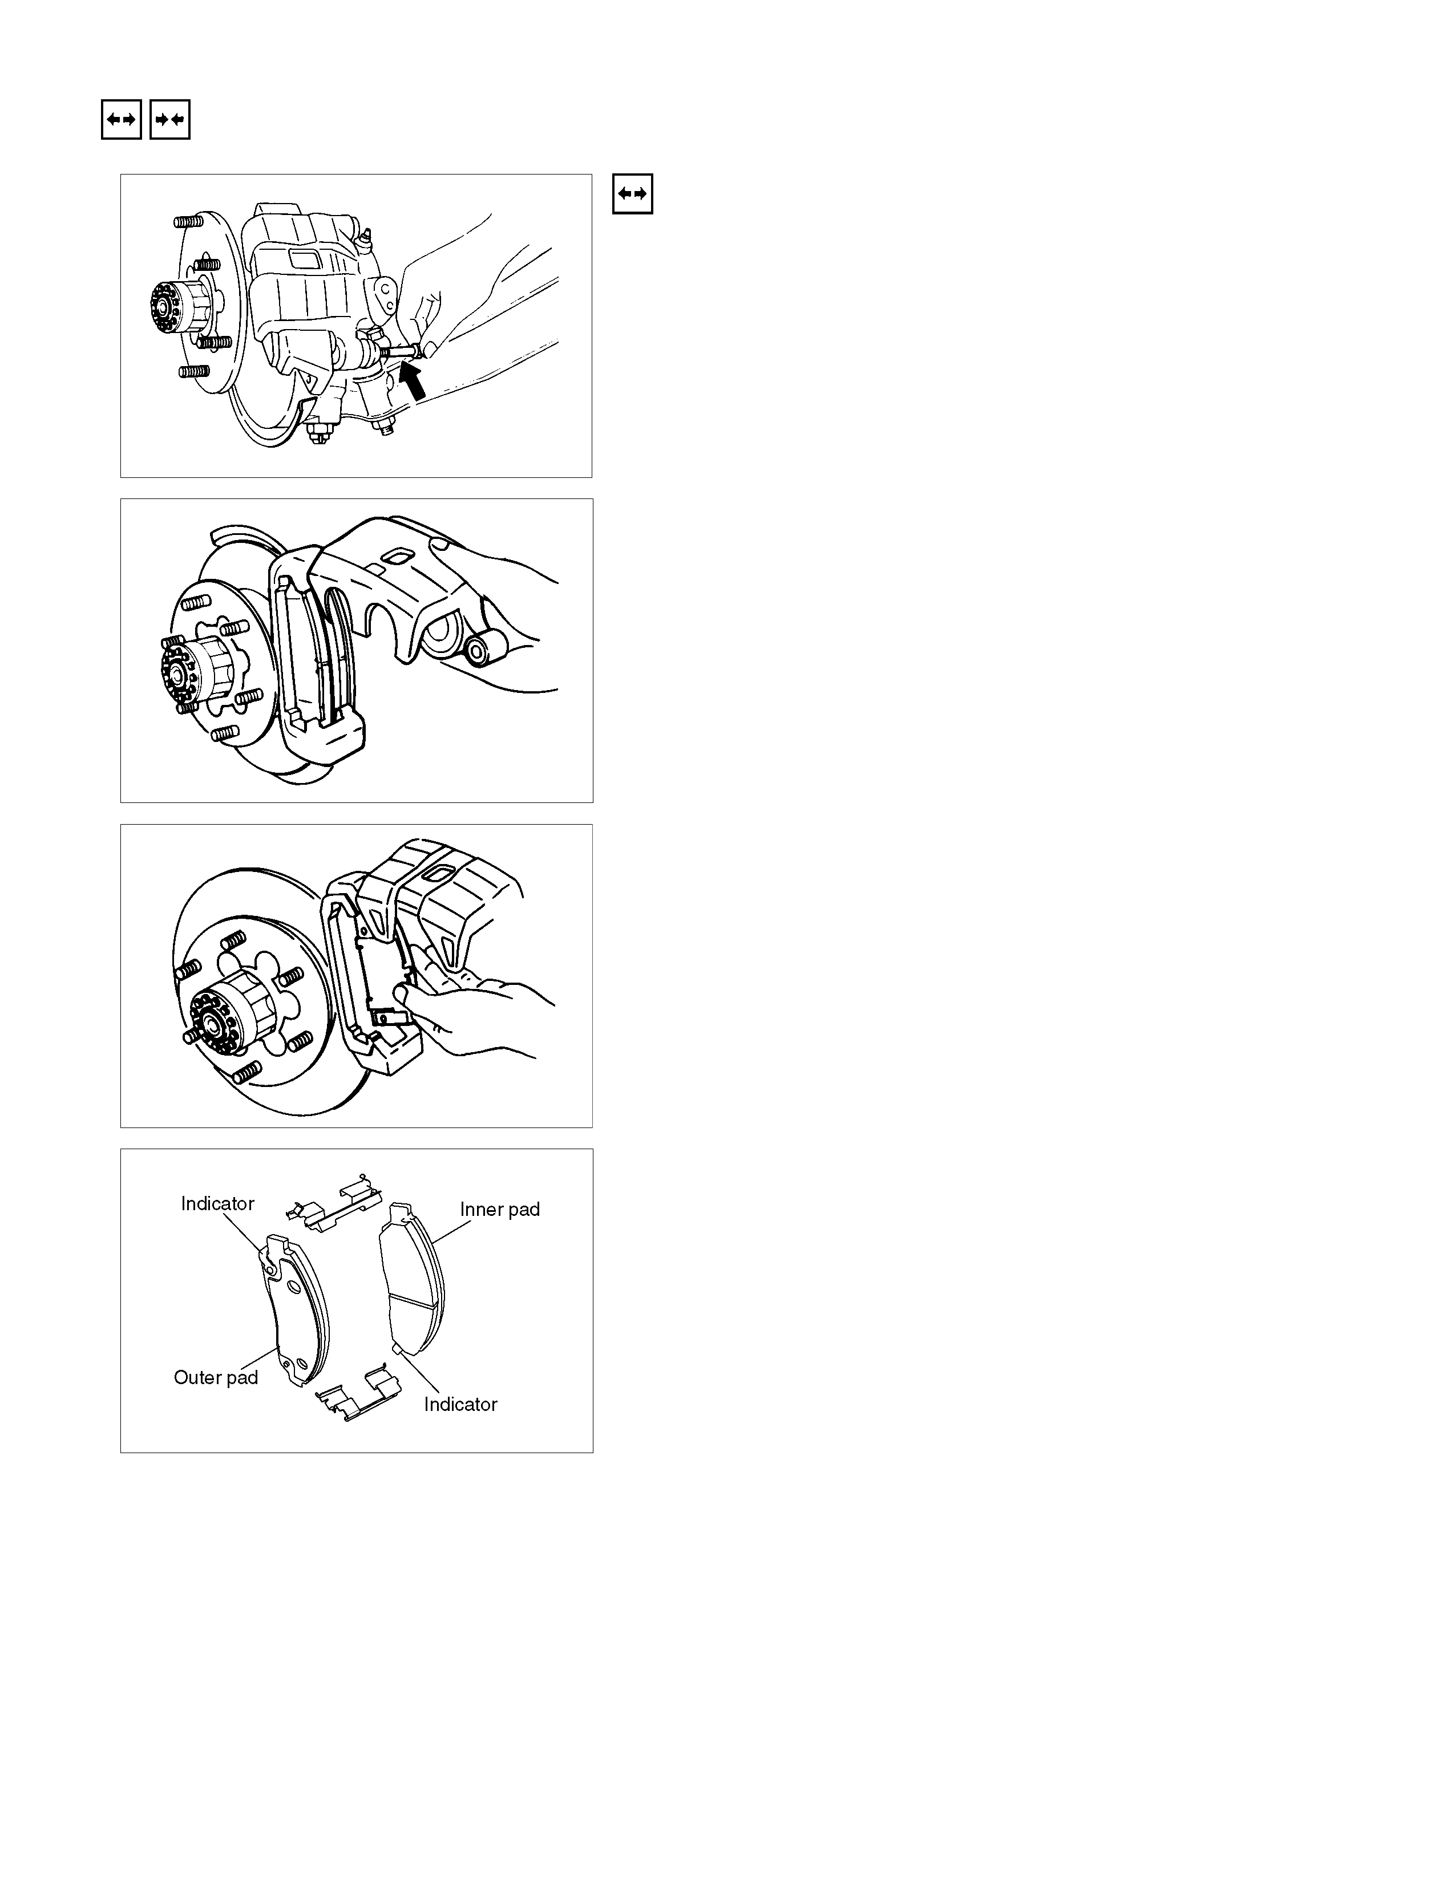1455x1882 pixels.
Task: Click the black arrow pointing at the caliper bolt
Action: (414, 380)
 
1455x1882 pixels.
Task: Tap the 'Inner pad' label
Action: (500, 1210)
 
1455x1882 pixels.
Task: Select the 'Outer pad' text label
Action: (216, 1378)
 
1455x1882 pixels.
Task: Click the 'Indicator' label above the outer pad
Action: (217, 1204)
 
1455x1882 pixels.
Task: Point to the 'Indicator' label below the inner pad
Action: (460, 1405)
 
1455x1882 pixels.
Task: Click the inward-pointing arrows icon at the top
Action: (170, 120)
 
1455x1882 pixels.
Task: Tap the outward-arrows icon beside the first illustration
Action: (633, 194)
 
